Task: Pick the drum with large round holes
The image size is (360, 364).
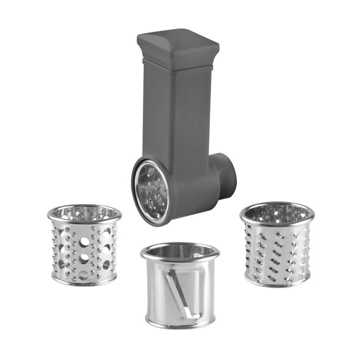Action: pyautogui.click(x=84, y=248)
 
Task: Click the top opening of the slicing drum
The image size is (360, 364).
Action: pyautogui.click(x=180, y=252)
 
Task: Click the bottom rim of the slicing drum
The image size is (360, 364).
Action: pyautogui.click(x=180, y=324)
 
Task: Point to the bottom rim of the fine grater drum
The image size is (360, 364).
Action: pyautogui.click(x=277, y=283)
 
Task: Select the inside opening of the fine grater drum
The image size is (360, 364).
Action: pyautogui.click(x=277, y=212)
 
